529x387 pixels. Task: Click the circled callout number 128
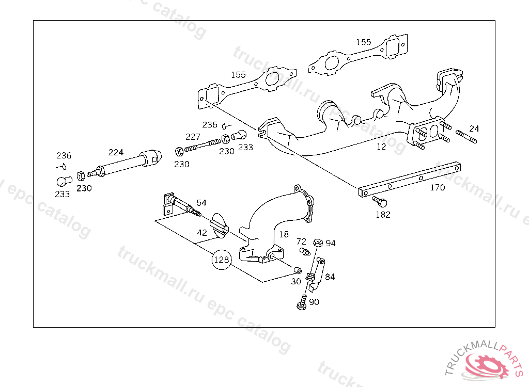pyautogui.click(x=221, y=260)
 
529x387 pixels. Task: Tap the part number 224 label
pyautogui.click(x=116, y=152)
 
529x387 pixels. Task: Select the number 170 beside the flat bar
pyautogui.click(x=437, y=187)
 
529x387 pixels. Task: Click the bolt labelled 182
pyautogui.click(x=380, y=202)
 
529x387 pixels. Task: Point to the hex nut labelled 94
pyautogui.click(x=318, y=243)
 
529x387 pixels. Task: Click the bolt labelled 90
pyautogui.click(x=302, y=302)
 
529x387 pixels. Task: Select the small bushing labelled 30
pyautogui.click(x=298, y=270)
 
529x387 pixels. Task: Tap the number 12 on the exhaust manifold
pyautogui.click(x=381, y=147)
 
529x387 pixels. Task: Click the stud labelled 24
pyautogui.click(x=466, y=137)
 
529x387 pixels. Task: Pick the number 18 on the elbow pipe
pyautogui.click(x=284, y=234)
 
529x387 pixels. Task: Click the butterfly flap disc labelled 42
pyautogui.click(x=219, y=225)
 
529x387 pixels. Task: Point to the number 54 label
pyautogui.click(x=201, y=203)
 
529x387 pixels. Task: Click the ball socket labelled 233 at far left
pyautogui.click(x=64, y=181)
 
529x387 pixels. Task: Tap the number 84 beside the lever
pyautogui.click(x=330, y=277)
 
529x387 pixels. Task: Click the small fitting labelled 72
pyautogui.click(x=305, y=251)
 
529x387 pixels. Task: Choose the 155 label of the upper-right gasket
pyautogui.click(x=364, y=42)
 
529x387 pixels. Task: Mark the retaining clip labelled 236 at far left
pyautogui.click(x=61, y=167)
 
